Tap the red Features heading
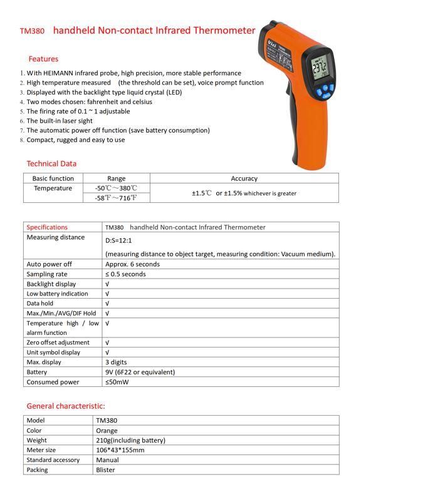43,59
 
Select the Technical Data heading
51,163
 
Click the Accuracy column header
244,178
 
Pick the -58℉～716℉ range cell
116,198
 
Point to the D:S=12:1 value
118,240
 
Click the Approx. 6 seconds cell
132,264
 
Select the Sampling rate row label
47,274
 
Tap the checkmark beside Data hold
107,304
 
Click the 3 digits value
116,362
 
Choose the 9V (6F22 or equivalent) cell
140,372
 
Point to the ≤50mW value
117,382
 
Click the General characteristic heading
66,406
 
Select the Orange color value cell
107,431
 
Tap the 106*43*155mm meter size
120,450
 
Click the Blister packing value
106,470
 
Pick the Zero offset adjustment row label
58,342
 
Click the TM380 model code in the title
32,31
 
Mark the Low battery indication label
57,294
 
